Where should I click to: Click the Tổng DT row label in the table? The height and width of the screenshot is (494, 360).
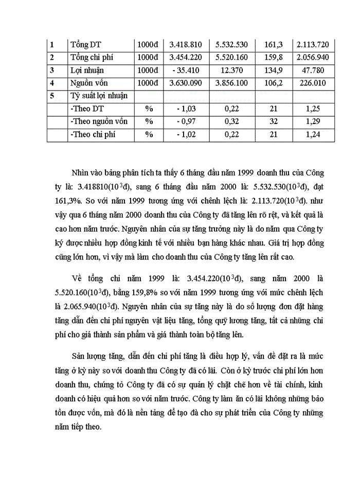(86, 45)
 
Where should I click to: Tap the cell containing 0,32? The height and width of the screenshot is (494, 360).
(233, 121)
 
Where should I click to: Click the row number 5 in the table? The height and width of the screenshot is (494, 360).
(52, 96)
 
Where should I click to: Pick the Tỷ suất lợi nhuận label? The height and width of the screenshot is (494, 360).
(99, 96)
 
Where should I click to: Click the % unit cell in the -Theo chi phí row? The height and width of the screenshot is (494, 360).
(149, 134)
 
